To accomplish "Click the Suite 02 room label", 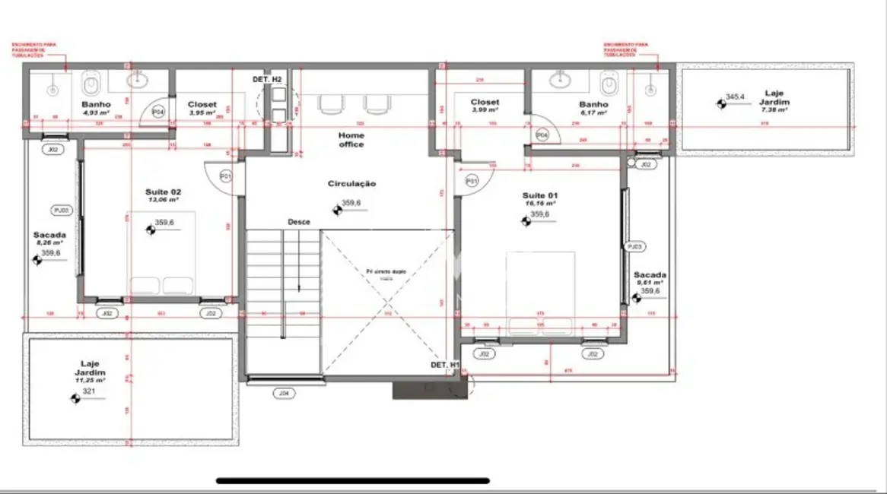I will [x=163, y=192].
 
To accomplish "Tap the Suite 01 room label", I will [x=539, y=195].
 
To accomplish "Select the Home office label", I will [x=351, y=140].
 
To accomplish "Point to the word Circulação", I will [x=351, y=183].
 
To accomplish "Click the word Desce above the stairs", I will [x=298, y=222].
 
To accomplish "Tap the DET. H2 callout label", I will [x=267, y=79].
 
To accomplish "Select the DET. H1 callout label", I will [x=445, y=365].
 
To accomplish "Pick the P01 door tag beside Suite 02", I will [x=225, y=176].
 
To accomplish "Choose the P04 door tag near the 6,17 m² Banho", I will [x=542, y=135].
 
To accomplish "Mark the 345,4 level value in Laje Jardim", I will [x=735, y=97].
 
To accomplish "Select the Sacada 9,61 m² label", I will [x=650, y=278].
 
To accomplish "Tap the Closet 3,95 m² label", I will [x=202, y=109].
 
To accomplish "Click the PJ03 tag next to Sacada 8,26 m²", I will [x=61, y=210].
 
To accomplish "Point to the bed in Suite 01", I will [x=540, y=293].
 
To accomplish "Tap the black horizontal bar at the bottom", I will [x=353, y=480].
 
